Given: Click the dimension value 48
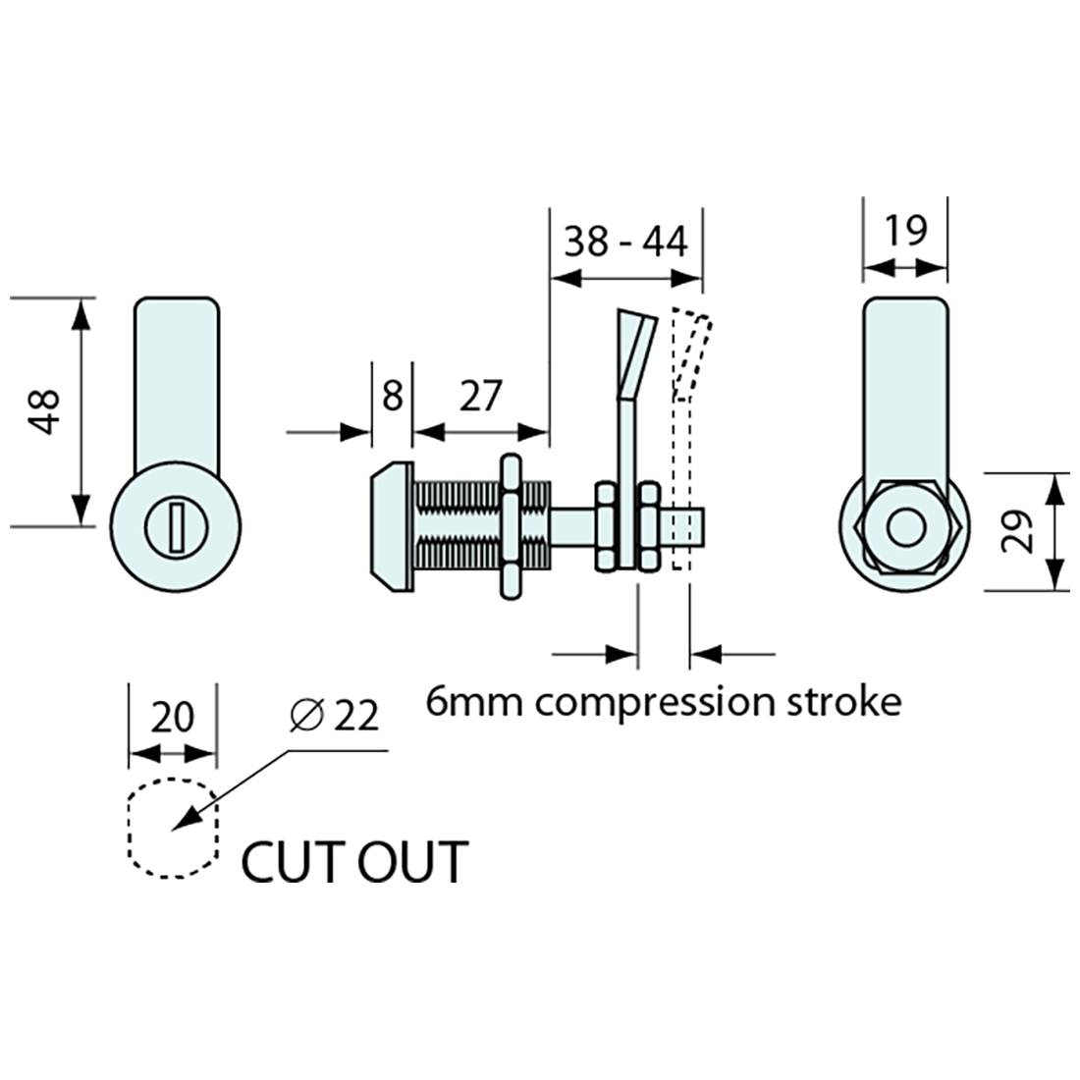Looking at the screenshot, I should click(x=45, y=412).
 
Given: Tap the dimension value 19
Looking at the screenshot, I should click(x=905, y=232).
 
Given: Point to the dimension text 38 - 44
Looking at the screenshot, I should click(x=626, y=242).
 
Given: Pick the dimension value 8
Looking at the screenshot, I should click(x=391, y=397).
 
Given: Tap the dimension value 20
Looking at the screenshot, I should click(x=173, y=718).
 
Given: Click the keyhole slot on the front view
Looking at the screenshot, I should click(x=173, y=526).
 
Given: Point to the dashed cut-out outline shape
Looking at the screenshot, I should click(x=171, y=827).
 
